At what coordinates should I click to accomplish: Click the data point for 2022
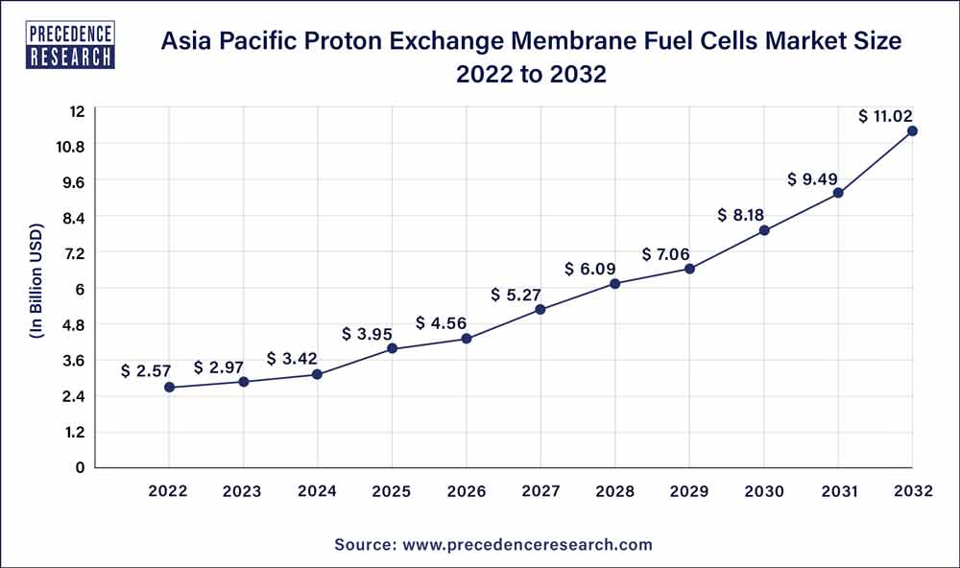(169, 388)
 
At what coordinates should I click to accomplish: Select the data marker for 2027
(540, 309)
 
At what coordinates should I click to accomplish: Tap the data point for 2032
(912, 130)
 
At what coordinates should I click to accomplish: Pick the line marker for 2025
(392, 348)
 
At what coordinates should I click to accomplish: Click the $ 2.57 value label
(145, 370)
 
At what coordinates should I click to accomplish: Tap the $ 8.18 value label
(740, 216)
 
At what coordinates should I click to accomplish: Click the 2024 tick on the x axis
(318, 491)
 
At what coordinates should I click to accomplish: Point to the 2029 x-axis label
(689, 491)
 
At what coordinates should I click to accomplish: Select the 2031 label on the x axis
(838, 491)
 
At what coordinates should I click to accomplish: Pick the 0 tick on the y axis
(81, 468)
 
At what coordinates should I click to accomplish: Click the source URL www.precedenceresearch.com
(526, 545)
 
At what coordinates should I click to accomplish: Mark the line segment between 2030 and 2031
(801, 212)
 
